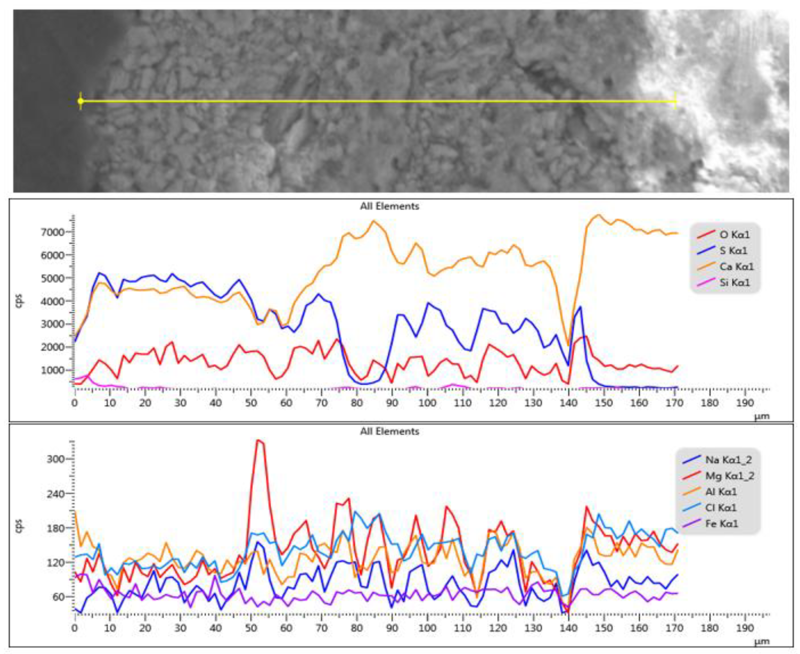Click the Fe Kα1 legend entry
coord(722,524)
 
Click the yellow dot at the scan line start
coord(80,101)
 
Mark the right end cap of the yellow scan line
coord(675,101)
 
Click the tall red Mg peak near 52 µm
coord(258,441)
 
